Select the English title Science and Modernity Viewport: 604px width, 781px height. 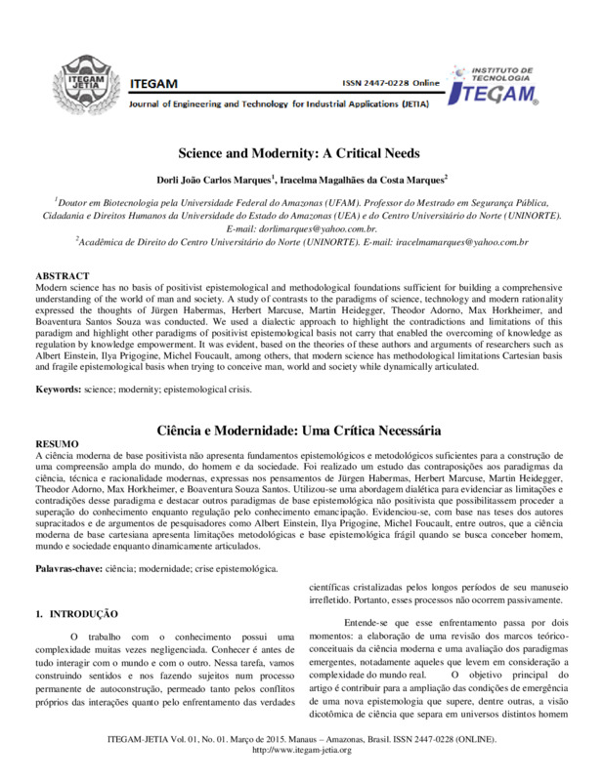[x=299, y=153]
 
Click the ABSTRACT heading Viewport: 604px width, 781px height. [x=63, y=277]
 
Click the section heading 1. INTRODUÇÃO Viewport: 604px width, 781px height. [x=76, y=613]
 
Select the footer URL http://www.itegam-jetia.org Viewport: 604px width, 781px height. [x=301, y=750]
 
